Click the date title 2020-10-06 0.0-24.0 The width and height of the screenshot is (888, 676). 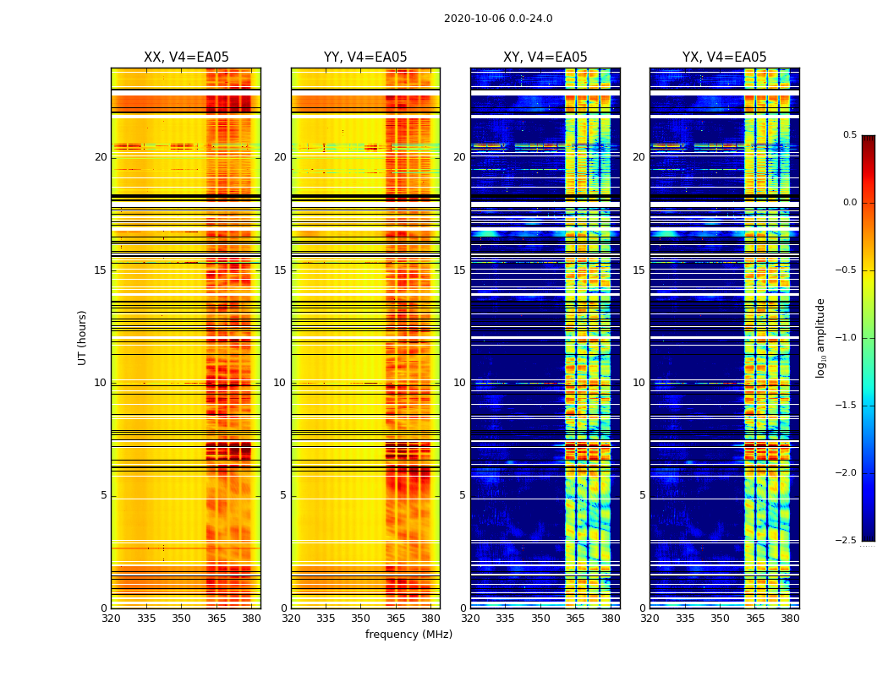pyautogui.click(x=498, y=19)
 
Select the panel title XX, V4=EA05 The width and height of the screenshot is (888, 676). pyautogui.click(x=186, y=57)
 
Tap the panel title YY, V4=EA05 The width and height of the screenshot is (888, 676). pyautogui.click(x=365, y=57)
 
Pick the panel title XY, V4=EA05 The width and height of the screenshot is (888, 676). pyautogui.click(x=545, y=57)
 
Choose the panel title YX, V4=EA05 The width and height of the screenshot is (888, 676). pyautogui.click(x=725, y=57)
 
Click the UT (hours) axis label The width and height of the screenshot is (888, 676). pyautogui.click(x=83, y=337)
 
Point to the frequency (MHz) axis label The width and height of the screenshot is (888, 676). pyautogui.click(x=408, y=635)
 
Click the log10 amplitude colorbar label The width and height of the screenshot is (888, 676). pyautogui.click(x=820, y=337)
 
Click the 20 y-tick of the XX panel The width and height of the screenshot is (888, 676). pyautogui.click(x=101, y=157)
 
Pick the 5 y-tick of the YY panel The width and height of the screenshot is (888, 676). pyautogui.click(x=283, y=495)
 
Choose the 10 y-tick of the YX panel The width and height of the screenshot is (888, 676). pyautogui.click(x=639, y=383)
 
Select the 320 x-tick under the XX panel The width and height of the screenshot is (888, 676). pyautogui.click(x=111, y=619)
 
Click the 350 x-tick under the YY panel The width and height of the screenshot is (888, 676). pyautogui.click(x=361, y=619)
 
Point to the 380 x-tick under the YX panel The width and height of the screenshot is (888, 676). pyautogui.click(x=790, y=619)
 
